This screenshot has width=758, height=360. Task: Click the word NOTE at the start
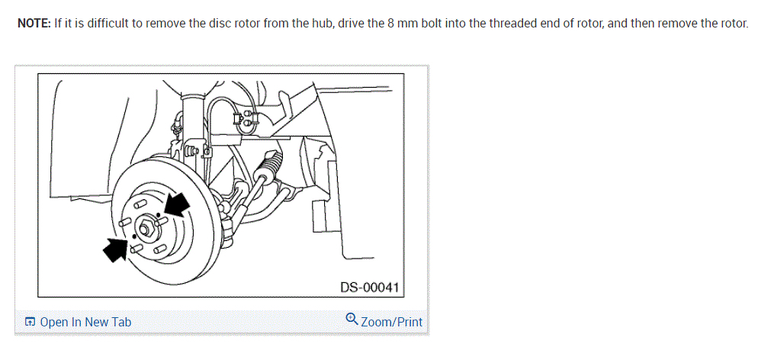pos(34,23)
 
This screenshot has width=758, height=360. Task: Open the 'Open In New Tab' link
pos(85,322)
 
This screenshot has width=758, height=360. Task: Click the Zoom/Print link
pos(391,322)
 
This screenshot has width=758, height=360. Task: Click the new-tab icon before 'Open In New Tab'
pos(30,322)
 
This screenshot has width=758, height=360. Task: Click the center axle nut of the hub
pos(146,227)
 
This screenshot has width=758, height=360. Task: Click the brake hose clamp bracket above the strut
pos(247,119)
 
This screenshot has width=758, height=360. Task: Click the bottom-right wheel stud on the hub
pos(159,249)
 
